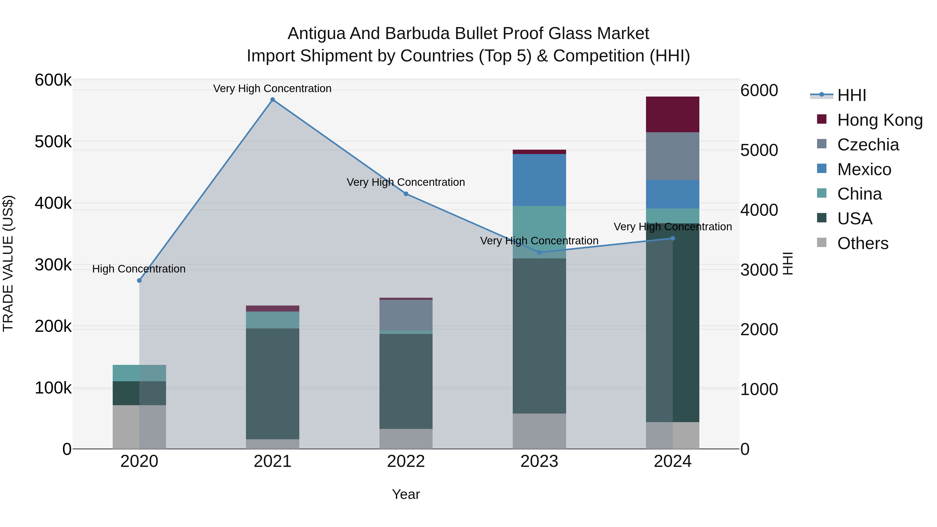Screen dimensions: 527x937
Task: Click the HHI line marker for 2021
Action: (273, 100)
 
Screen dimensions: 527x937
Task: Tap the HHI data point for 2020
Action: (139, 280)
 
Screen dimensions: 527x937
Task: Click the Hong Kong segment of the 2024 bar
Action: (672, 114)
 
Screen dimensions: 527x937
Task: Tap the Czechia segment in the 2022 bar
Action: (406, 315)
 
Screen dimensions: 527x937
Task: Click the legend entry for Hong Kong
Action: (879, 120)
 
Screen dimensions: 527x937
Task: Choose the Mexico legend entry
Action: (864, 169)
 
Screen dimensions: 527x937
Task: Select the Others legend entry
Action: (863, 243)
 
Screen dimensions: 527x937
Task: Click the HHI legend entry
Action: (851, 95)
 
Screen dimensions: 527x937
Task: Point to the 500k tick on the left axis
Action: (53, 142)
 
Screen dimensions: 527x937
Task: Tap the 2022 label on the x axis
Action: (406, 461)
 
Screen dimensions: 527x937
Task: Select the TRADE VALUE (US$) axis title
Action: (8, 263)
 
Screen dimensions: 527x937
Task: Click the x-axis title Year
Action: (406, 494)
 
